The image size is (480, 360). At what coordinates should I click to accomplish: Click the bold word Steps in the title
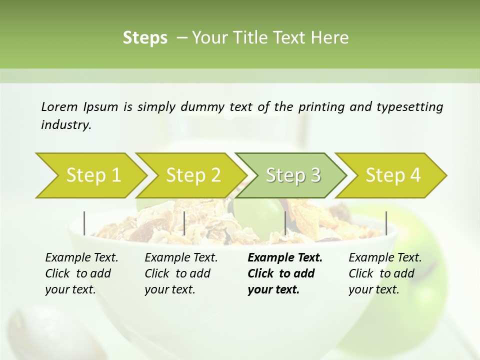[145, 38]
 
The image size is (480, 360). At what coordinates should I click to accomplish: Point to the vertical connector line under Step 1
[84, 223]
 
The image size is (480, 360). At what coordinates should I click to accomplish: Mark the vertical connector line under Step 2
[184, 223]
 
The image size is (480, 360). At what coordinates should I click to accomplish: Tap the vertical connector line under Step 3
[285, 223]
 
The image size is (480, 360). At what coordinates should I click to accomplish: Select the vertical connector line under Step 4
[386, 223]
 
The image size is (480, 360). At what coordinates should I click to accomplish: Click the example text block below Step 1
[81, 273]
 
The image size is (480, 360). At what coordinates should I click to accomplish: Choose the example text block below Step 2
[181, 273]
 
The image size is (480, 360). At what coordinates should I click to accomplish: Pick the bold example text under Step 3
[284, 273]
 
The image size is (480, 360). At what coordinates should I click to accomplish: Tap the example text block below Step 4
[385, 273]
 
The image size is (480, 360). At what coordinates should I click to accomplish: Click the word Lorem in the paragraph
[59, 107]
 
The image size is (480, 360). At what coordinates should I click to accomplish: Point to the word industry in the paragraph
[65, 125]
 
